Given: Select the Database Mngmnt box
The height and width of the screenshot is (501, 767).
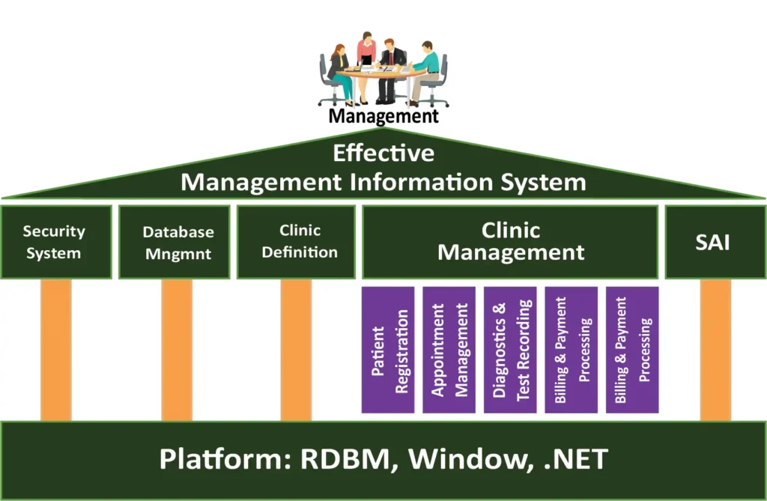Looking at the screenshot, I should pos(175,242).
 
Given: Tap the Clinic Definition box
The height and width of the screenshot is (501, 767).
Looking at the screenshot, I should pos(296,242).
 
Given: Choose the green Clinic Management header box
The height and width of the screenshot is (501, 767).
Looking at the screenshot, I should pos(510,242).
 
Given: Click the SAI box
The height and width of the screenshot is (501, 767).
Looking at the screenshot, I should pos(712,242).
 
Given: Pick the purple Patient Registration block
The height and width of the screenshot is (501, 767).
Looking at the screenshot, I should pos(388,349).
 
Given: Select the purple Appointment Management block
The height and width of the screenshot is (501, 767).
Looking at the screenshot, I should pos(449,349).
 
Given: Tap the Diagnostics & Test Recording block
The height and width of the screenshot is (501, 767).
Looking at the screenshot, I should pos(510,349).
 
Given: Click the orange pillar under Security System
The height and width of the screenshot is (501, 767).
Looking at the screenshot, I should pos(56,349).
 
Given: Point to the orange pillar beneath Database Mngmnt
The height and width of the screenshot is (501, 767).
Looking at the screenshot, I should pos(177,349).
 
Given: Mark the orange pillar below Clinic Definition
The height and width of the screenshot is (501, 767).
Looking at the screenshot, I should pos(296,349).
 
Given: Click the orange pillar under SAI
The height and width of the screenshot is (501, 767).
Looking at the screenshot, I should pos(715,349).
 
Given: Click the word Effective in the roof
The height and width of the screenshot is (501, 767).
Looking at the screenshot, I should pos(383,154).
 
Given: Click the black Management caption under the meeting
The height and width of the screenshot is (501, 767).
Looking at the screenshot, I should pos(383,116).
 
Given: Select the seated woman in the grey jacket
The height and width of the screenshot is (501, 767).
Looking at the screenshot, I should pos(339,71).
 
